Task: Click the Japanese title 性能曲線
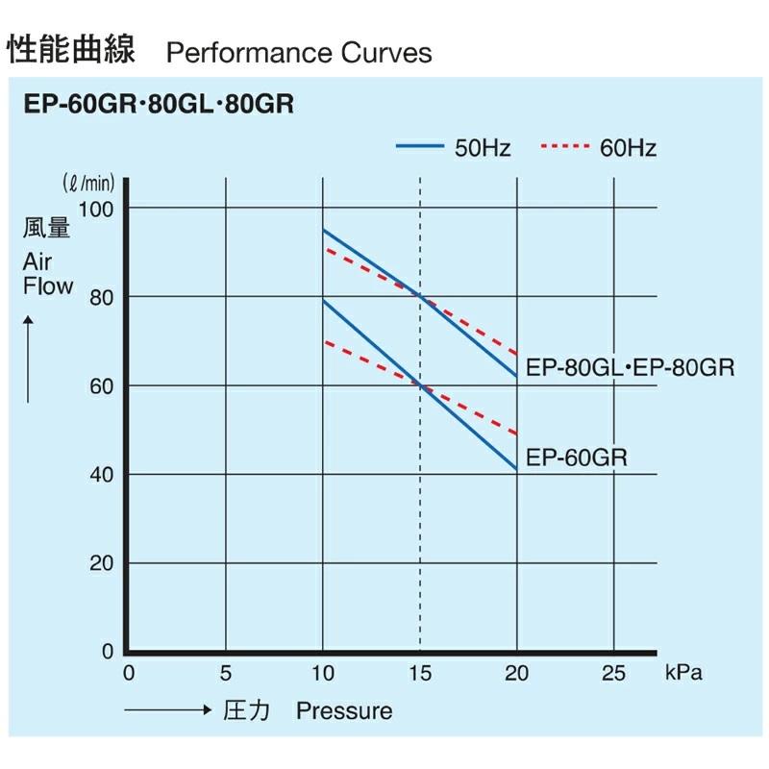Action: point(71,49)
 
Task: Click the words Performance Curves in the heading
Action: point(299,52)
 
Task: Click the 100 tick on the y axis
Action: point(99,209)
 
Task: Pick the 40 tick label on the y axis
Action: point(103,475)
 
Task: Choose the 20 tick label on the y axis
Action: point(103,563)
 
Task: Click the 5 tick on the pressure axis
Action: point(226,673)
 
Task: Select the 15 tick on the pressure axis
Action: point(420,673)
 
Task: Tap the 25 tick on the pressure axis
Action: point(613,673)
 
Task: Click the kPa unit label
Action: point(683,673)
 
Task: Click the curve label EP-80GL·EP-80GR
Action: point(626,367)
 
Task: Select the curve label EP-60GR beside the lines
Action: point(578,458)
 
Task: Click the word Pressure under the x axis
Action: point(344,711)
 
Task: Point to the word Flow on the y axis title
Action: point(48,285)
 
